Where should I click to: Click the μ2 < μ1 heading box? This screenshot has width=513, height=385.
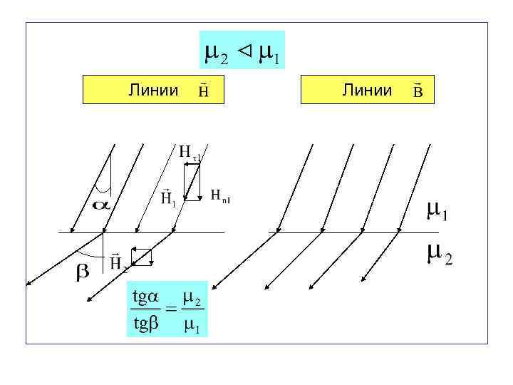242,50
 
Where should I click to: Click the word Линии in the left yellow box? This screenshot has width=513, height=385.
153,90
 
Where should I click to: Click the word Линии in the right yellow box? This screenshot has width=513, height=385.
367,90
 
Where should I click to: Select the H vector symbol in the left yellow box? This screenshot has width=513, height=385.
203,91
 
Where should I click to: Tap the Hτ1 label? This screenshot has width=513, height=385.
190,152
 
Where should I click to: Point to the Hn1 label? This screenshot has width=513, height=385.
221,195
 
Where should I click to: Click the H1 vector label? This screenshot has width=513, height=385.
168,197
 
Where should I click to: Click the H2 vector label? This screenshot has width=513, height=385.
118,263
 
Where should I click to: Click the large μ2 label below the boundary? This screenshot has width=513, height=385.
439,253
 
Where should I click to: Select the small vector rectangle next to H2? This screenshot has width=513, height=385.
142,257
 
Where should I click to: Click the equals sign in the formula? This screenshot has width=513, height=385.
171,309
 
